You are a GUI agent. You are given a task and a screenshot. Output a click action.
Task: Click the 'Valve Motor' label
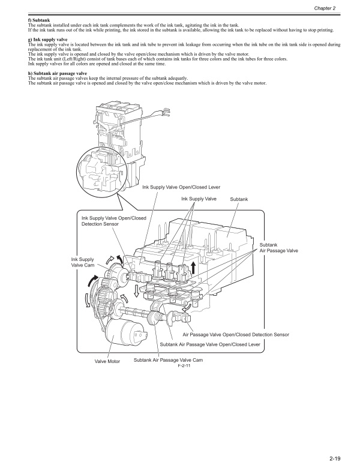[107, 361]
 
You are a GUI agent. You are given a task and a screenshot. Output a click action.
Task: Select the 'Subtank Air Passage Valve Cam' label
[169, 360]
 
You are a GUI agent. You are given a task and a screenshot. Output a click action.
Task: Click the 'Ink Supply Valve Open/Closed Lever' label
[181, 187]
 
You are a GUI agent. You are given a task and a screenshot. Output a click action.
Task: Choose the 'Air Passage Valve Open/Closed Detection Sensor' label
[236, 334]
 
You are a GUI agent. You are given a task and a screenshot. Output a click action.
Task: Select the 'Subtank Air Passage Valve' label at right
[278, 247]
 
